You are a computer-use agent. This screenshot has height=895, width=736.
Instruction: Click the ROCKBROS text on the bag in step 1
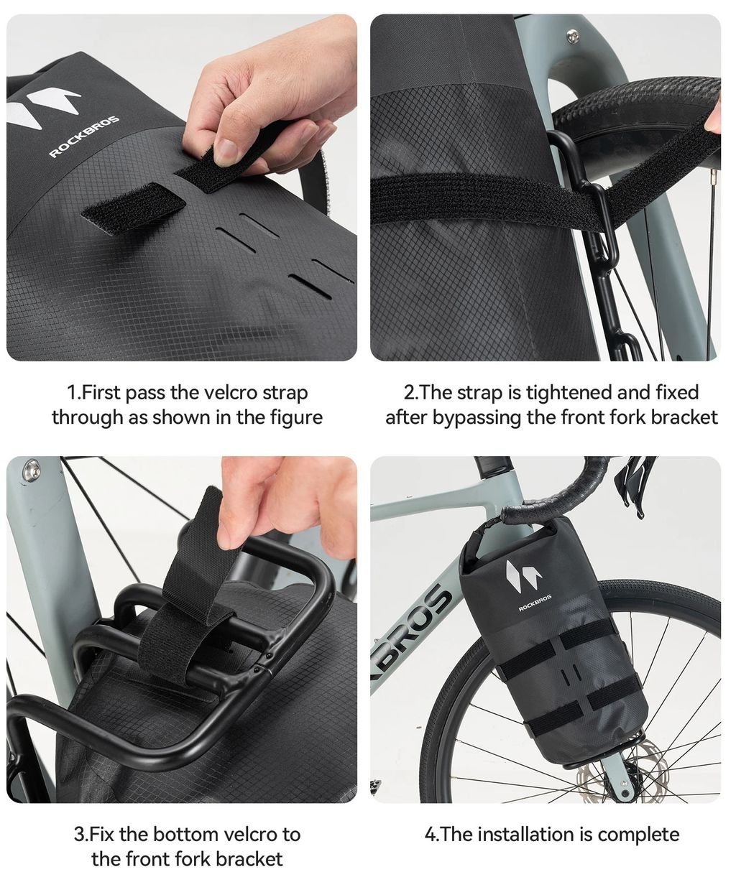pyautogui.click(x=85, y=136)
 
